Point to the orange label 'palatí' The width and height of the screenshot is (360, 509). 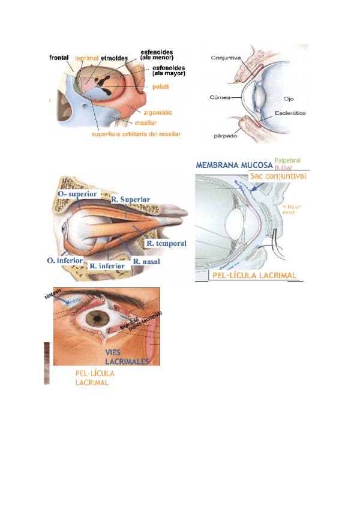(160, 87)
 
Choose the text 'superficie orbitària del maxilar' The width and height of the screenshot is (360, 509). (136, 134)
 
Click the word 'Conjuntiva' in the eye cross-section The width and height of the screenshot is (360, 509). (226, 58)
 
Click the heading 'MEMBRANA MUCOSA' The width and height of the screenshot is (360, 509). (233, 165)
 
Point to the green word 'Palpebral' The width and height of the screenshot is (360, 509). (287, 160)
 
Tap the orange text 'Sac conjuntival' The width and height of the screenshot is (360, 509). (278, 176)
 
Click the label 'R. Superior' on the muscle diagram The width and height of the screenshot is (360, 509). (130, 199)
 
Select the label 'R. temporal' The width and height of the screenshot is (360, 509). (166, 244)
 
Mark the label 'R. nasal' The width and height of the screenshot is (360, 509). (146, 262)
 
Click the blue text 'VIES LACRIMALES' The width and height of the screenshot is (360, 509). (126, 357)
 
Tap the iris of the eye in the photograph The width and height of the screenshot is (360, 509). (94, 316)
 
